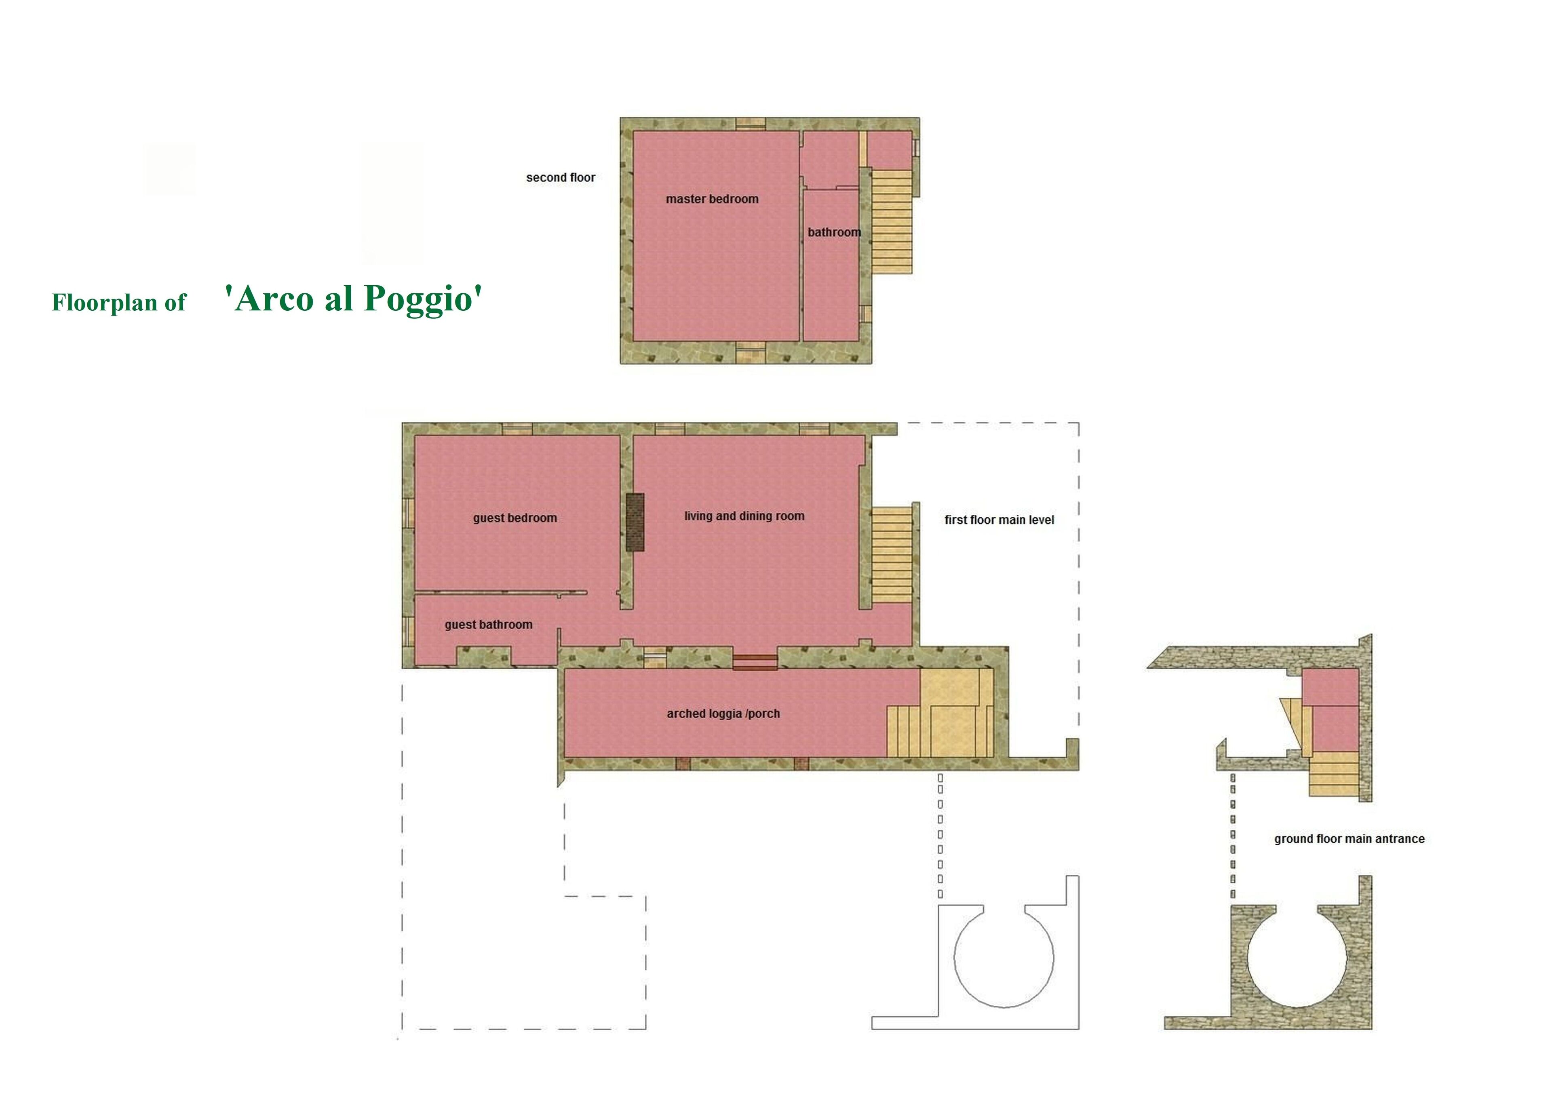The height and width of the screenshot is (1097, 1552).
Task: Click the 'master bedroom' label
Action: tap(712, 199)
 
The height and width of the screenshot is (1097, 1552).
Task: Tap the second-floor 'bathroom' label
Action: tap(834, 232)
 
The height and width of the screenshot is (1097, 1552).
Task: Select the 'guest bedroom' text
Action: tap(515, 518)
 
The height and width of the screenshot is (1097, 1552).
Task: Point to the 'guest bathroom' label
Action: tap(488, 625)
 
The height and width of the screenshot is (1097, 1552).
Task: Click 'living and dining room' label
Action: tap(744, 516)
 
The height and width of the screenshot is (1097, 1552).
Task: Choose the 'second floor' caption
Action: tap(560, 177)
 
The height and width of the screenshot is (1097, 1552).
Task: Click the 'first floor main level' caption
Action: tap(999, 519)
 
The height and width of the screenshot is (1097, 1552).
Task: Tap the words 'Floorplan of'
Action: tap(119, 302)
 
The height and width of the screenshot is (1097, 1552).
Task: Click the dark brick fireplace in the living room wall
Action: tap(635, 522)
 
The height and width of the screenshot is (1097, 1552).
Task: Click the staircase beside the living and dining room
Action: tap(891, 555)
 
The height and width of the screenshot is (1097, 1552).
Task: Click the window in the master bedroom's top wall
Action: tap(750, 124)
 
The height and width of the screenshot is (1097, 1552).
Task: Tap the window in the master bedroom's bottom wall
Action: tap(750, 352)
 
